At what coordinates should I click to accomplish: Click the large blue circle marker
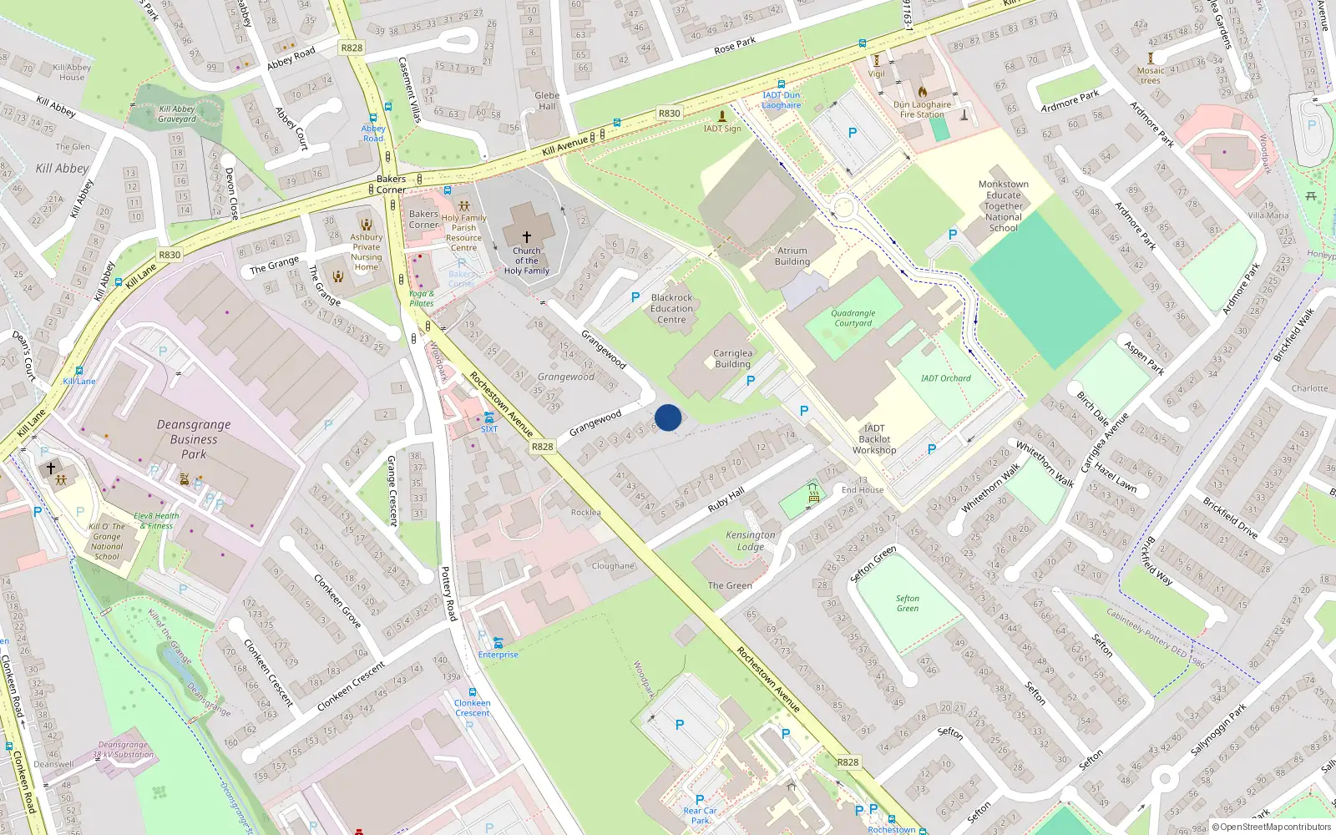668,417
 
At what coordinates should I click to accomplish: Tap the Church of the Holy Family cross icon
527,237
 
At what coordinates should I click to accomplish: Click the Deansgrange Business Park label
194,439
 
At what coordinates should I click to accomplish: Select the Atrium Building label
792,256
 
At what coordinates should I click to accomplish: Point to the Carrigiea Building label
732,359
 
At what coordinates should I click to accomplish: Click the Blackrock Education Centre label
671,308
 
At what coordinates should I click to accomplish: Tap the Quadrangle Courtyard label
853,318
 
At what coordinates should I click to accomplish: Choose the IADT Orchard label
945,378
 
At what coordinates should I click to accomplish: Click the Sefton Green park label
908,604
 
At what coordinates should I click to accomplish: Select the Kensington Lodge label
751,541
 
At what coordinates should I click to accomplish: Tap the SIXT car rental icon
488,417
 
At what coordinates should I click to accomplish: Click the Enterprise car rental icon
498,642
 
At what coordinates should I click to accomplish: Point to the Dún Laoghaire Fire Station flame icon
923,91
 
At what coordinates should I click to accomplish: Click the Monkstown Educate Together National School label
1004,206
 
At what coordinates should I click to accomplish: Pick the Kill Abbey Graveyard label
177,114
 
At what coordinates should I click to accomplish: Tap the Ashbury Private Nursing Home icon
367,224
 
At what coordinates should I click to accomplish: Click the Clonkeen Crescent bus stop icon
473,692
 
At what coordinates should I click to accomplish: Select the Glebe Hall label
547,101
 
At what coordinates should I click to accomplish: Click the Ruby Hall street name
726,500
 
